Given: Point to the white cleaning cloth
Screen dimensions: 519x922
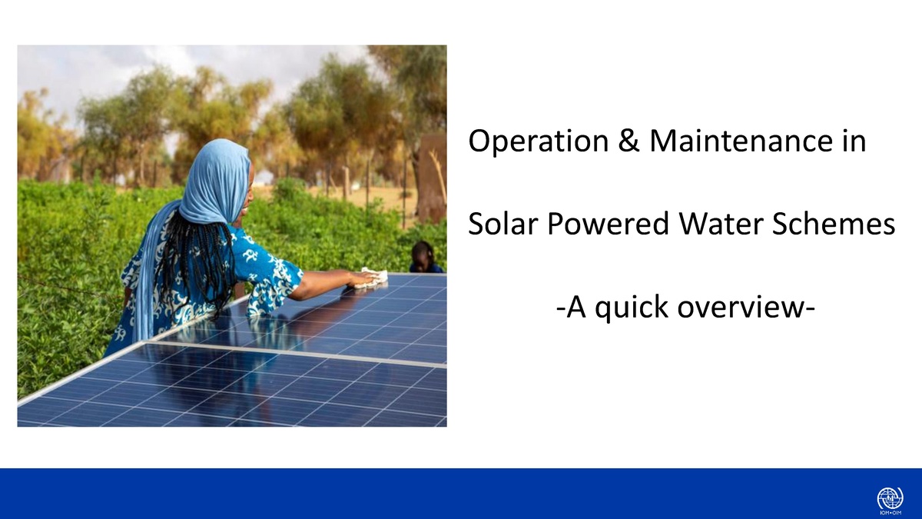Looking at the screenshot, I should tap(373, 278).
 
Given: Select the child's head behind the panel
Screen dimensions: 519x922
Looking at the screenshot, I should tap(422, 254).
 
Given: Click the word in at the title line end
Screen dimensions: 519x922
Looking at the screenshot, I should tap(855, 142).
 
